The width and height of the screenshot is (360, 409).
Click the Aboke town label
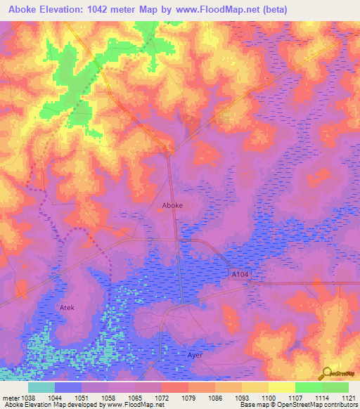coord(173,205)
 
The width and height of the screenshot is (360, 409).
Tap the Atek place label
coord(67,308)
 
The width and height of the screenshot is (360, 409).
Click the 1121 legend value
coord(347,397)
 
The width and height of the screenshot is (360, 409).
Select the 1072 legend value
coord(162,397)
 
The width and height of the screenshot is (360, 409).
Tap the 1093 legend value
coord(241,397)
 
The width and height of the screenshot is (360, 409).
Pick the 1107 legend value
coord(295,397)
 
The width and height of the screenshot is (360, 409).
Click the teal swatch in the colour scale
coord(41,387)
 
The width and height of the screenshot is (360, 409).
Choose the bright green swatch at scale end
coord(335,387)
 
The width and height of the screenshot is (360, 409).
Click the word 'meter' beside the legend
coord(8,397)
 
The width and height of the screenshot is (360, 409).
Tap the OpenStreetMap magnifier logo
coord(326,374)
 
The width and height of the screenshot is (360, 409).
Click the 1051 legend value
coord(82,397)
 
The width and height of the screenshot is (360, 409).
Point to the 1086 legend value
coord(214,397)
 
